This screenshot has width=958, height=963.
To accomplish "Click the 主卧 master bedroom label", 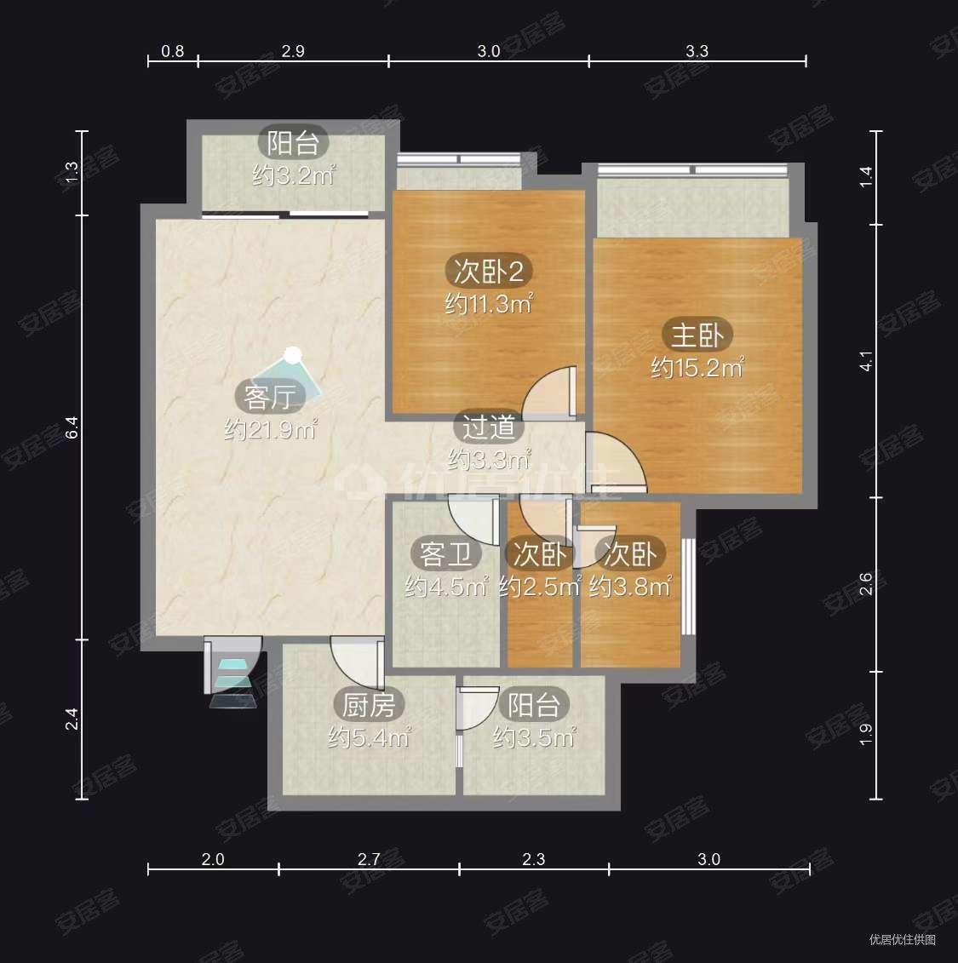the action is point(697,335).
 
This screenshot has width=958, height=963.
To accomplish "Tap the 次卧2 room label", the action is point(488,271).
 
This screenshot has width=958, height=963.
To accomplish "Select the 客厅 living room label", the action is point(270,397).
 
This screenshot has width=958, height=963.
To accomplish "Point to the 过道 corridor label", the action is point(488,427).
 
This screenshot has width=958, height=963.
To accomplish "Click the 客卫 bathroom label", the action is point(446,554).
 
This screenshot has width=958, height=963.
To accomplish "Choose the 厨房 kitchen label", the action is point(369,705).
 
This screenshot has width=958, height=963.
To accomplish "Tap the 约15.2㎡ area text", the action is point(697,368).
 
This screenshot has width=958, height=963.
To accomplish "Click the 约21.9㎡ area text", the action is point(270,429).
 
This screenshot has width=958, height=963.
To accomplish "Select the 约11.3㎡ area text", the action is point(488,303).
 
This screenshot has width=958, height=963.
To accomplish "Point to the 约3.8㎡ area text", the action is point(630,588).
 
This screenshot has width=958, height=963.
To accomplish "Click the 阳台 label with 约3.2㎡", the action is point(294,143).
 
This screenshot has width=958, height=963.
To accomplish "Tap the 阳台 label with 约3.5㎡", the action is point(534,705).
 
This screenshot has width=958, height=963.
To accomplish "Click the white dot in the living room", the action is point(293,354).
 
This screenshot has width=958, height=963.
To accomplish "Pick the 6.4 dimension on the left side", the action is point(72,427).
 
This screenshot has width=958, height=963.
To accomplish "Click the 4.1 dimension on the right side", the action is point(865,361).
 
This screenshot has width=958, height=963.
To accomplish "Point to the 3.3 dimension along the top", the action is point(697,51).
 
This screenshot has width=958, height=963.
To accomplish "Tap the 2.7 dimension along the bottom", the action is point(369,859).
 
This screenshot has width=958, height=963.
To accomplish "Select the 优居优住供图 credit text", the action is point(902,939).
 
